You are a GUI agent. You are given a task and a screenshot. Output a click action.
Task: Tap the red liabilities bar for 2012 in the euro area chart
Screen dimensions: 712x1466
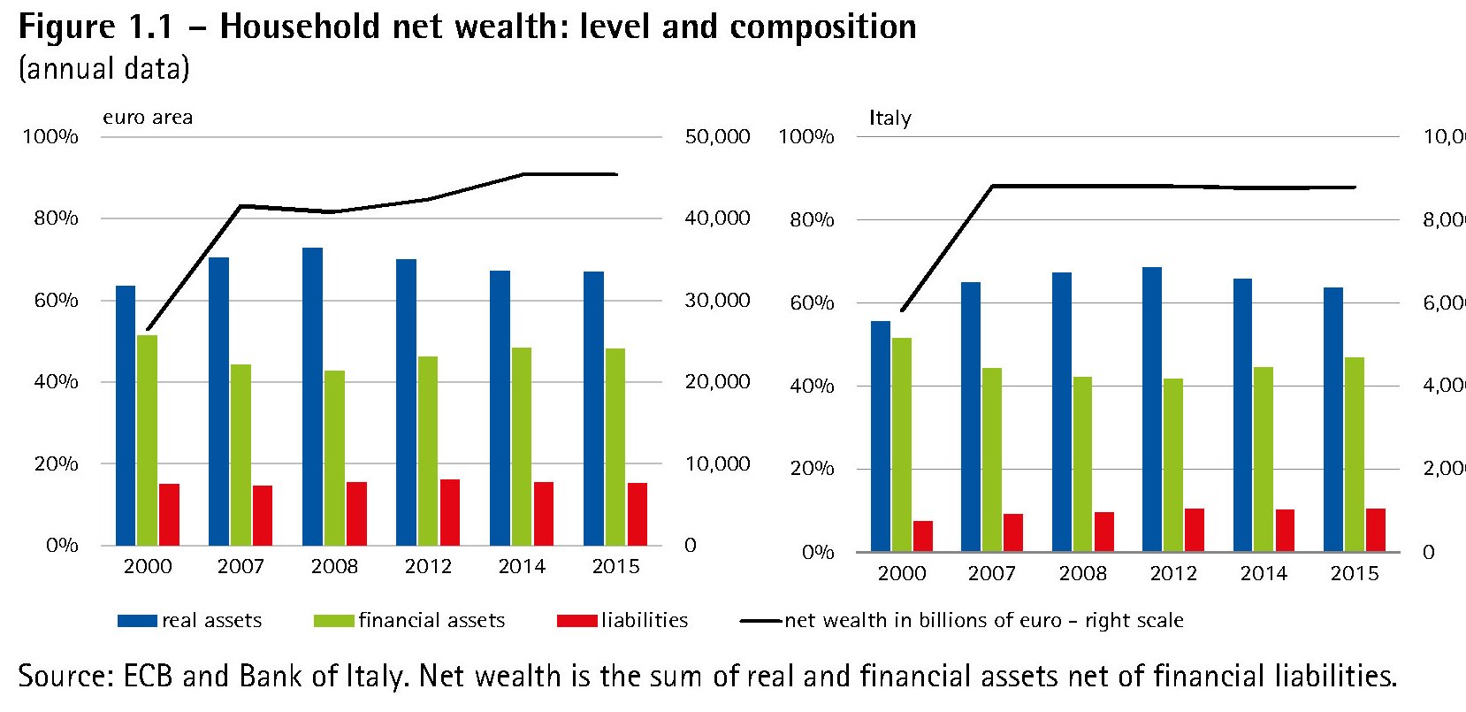click(x=449, y=512)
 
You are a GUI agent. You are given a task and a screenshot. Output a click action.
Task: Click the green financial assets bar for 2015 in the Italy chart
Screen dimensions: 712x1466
click(x=1355, y=454)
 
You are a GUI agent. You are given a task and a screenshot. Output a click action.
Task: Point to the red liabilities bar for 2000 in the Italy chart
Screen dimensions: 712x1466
click(x=923, y=536)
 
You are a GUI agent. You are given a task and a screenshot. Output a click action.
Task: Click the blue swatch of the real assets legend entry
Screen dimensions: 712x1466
click(x=137, y=621)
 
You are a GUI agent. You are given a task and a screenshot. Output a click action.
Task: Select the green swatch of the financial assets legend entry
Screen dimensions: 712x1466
click(x=333, y=621)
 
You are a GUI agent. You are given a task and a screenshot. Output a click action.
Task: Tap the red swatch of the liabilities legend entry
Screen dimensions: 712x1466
click(x=576, y=621)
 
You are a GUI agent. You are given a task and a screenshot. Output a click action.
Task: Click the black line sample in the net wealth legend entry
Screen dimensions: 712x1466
click(x=761, y=621)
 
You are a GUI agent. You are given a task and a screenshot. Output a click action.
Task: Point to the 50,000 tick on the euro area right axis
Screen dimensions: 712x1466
click(x=717, y=136)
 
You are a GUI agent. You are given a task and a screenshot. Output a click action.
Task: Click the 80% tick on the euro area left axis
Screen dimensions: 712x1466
click(x=56, y=218)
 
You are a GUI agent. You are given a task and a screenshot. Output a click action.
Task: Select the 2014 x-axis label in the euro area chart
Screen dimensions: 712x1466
click(x=522, y=566)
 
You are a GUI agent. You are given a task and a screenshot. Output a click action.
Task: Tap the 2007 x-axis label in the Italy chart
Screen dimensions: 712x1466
click(x=992, y=573)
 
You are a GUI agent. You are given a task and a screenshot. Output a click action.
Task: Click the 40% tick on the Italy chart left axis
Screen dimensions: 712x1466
click(x=812, y=386)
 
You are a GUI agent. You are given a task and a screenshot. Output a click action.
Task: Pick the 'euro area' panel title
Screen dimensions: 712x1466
click(x=148, y=118)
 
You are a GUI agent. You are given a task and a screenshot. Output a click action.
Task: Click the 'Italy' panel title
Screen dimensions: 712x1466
click(x=890, y=118)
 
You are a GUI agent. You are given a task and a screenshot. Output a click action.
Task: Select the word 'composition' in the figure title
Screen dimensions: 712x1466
click(x=822, y=27)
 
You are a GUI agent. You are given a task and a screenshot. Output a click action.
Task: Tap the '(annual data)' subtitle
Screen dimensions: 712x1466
click(x=104, y=69)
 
